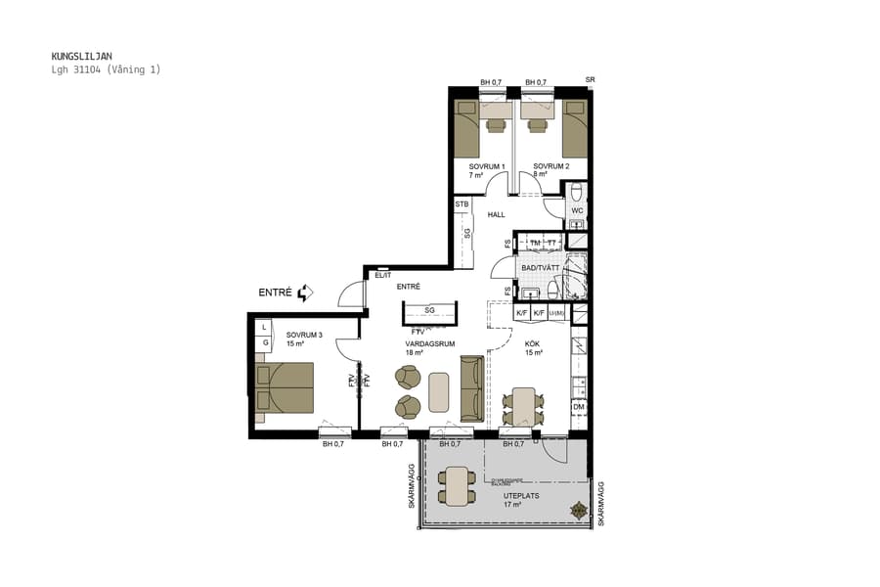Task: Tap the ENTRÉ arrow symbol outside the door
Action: pyautogui.click(x=305, y=293)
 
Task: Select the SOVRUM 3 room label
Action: pyautogui.click(x=304, y=335)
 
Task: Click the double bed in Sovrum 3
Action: pyautogui.click(x=285, y=387)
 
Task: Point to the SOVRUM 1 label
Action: pyautogui.click(x=486, y=166)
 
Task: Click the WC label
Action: pyautogui.click(x=577, y=210)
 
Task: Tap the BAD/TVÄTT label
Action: pyautogui.click(x=540, y=267)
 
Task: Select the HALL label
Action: pyautogui.click(x=497, y=214)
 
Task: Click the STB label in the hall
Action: pyautogui.click(x=462, y=204)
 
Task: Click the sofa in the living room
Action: pyautogui.click(x=471, y=388)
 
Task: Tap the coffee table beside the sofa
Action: pyautogui.click(x=439, y=392)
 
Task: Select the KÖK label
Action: pyautogui.click(x=532, y=343)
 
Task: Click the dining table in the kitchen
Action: pyautogui.click(x=524, y=406)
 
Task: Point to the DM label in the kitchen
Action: pyautogui.click(x=579, y=407)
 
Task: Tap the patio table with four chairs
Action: pyautogui.click(x=457, y=486)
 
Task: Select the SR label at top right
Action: pyautogui.click(x=590, y=79)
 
